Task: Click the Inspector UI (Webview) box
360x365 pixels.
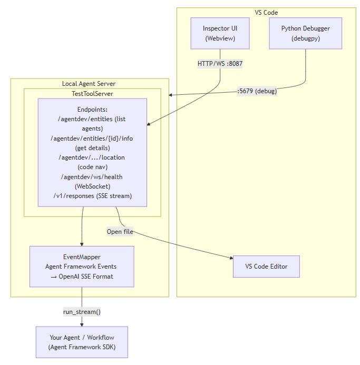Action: point(220,33)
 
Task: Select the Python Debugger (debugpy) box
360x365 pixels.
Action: point(305,33)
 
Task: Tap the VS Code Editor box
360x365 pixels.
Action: point(266,267)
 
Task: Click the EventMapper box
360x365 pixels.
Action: point(82,267)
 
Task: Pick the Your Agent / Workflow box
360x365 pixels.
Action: point(82,342)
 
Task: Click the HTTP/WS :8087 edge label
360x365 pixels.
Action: point(220,64)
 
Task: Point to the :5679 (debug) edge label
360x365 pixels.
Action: point(257,91)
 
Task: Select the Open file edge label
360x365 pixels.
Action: point(120,231)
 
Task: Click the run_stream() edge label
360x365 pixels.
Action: point(82,312)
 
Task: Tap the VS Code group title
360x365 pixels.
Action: point(266,13)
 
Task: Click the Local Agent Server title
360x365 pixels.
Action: point(89,84)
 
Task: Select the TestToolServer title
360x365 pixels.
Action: point(92,94)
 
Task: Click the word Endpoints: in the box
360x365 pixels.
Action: point(92,110)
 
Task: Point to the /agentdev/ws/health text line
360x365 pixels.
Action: point(92,176)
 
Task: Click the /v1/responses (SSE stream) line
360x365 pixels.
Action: point(92,196)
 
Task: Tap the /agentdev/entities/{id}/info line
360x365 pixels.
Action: point(92,139)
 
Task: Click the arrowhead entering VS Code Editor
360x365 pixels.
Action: point(230,258)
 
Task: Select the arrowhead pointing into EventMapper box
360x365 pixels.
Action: point(82,243)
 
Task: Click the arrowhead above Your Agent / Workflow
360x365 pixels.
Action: point(82,324)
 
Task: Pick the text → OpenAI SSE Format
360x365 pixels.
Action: point(82,276)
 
